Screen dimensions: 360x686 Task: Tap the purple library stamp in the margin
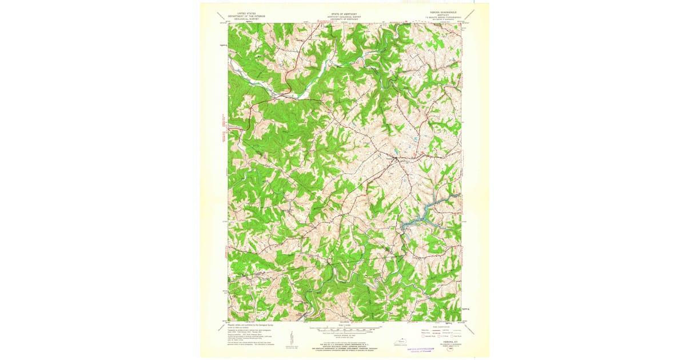pyautogui.click(x=426, y=350)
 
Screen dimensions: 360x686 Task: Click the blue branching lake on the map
pyautogui.click(x=420, y=220)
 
